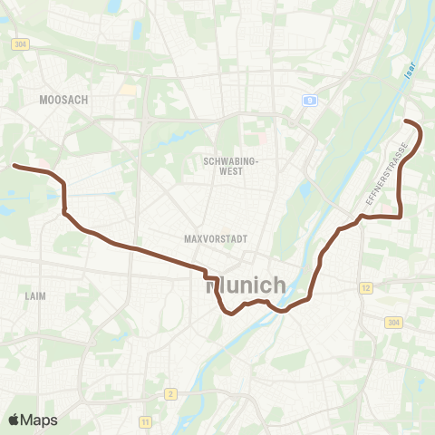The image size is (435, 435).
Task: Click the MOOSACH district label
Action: [64, 100]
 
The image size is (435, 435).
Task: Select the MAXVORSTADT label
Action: [209, 240]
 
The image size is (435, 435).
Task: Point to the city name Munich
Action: [246, 285]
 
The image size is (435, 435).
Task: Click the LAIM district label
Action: [36, 295]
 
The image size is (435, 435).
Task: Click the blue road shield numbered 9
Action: [310, 101]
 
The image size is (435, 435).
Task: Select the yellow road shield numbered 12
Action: [365, 288]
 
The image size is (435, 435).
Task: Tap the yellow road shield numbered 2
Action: [169, 393]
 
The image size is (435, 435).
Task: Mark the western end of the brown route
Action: [13, 166]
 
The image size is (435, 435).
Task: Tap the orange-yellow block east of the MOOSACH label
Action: [130, 91]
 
